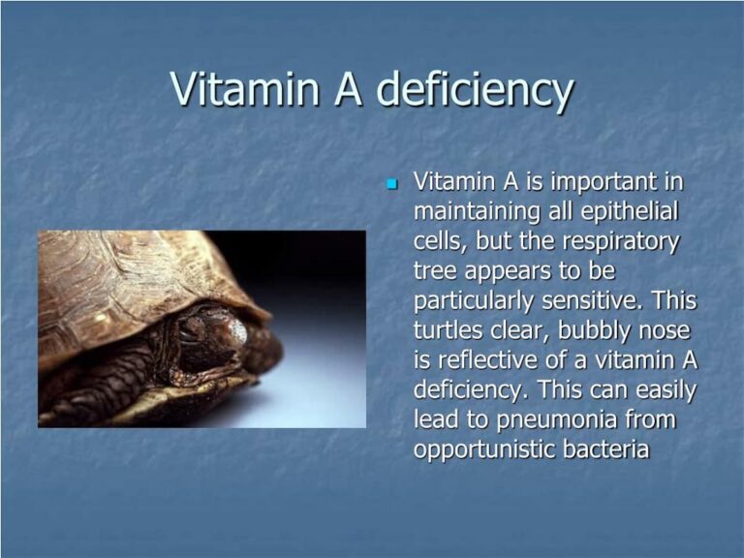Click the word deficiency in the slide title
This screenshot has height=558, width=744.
tap(475, 90)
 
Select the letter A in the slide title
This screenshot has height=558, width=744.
tap(342, 89)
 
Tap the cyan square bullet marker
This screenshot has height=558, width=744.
tap(392, 183)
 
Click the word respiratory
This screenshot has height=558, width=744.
tap(620, 241)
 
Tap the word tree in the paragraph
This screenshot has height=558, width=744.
tap(437, 271)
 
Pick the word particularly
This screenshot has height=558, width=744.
tap(482, 301)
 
